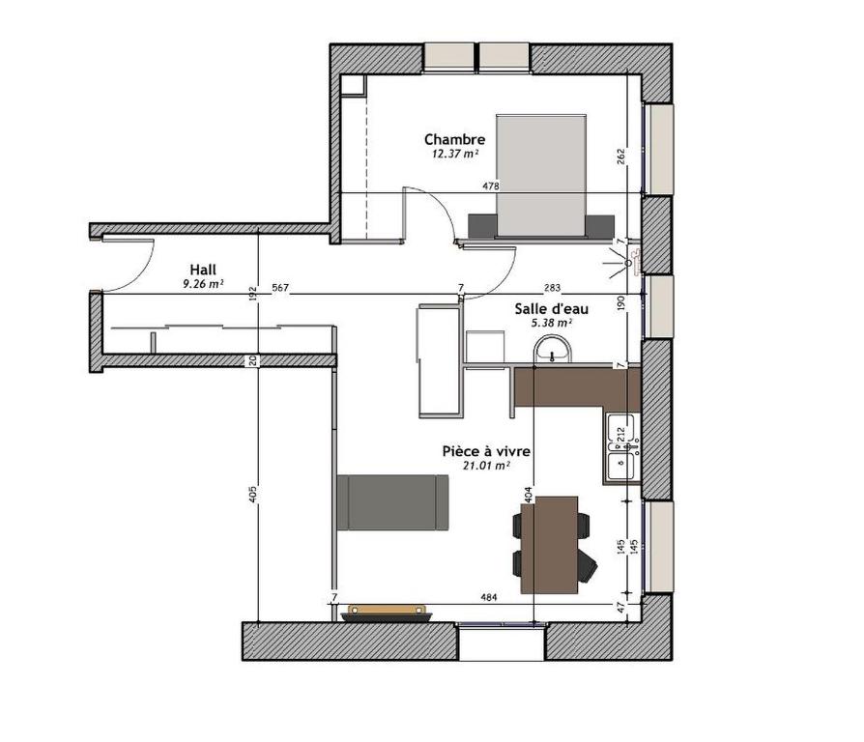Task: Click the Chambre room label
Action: click(x=454, y=139)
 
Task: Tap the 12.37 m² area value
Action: click(x=454, y=155)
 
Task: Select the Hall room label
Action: click(x=203, y=270)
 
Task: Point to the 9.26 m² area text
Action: click(x=203, y=284)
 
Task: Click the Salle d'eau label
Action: click(x=552, y=308)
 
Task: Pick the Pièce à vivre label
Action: click(x=486, y=451)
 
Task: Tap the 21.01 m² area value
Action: click(x=486, y=466)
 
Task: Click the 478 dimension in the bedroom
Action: click(x=491, y=186)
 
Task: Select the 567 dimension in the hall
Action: click(x=280, y=288)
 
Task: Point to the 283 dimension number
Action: click(x=552, y=288)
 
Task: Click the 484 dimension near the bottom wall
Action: click(x=489, y=597)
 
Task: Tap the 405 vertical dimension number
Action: click(x=253, y=495)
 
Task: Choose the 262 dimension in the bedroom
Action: click(x=621, y=157)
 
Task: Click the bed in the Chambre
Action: click(x=540, y=176)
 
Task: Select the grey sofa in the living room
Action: click(x=392, y=502)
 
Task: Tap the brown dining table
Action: click(x=549, y=545)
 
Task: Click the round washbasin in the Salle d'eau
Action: click(x=553, y=350)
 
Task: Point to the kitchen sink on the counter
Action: click(x=621, y=449)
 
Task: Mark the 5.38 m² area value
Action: click(x=552, y=323)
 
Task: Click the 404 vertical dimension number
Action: click(x=528, y=495)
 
